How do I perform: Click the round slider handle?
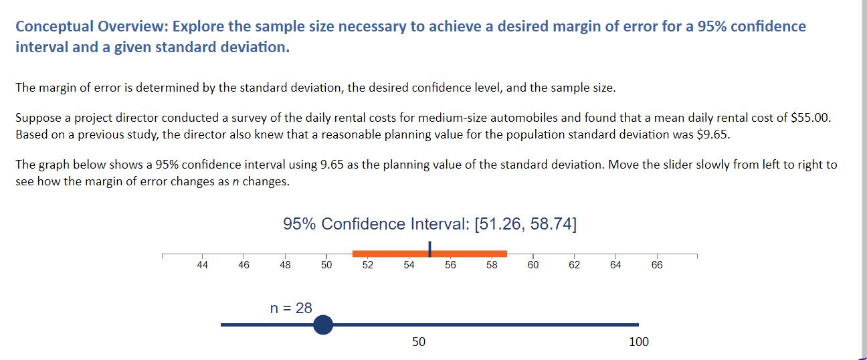coord(322,325)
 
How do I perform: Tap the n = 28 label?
coord(291,308)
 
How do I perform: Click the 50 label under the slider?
coord(418,342)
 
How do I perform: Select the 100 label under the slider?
coord(639,342)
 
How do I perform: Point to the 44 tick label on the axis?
coord(202,265)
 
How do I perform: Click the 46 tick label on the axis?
coord(244,265)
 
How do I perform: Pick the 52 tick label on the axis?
coord(367,265)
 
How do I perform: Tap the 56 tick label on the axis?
coord(450,265)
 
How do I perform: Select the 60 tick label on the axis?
coord(533,265)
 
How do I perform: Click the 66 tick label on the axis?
coord(656,265)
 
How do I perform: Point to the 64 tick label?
coord(615,265)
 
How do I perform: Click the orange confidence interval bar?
coord(388,254)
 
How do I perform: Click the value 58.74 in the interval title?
coord(551,223)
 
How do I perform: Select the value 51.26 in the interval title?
coord(498,223)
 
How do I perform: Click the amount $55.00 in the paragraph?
coord(811,118)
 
